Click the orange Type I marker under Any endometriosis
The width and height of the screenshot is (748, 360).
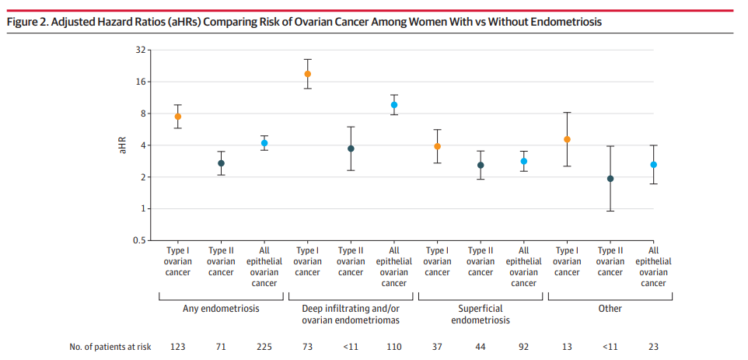[x=178, y=117]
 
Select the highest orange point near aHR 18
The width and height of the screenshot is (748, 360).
[x=308, y=74]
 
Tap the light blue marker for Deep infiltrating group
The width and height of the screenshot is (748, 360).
[x=394, y=105]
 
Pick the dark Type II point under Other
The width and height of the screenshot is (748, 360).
[x=610, y=179]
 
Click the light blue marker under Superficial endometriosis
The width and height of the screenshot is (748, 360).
[x=524, y=162]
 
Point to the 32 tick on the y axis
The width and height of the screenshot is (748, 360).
[x=141, y=50]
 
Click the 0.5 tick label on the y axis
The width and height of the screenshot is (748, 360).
[x=139, y=240]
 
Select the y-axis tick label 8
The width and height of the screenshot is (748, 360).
[x=142, y=114]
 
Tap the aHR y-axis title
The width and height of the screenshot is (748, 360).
[x=122, y=145]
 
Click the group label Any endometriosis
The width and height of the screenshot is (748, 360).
[x=221, y=309]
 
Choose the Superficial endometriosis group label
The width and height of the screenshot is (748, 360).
[x=481, y=314]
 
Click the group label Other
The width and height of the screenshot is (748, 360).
[x=610, y=309]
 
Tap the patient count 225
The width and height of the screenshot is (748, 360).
[x=264, y=347]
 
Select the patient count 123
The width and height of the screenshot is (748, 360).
[x=178, y=347]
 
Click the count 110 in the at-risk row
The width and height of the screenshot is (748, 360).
[x=394, y=347]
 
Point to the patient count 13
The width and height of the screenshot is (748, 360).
[x=567, y=347]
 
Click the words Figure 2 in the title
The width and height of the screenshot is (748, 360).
[x=26, y=22]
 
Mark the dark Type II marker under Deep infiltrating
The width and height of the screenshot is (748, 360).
[x=351, y=149]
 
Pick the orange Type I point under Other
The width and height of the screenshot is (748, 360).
[x=567, y=140]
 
